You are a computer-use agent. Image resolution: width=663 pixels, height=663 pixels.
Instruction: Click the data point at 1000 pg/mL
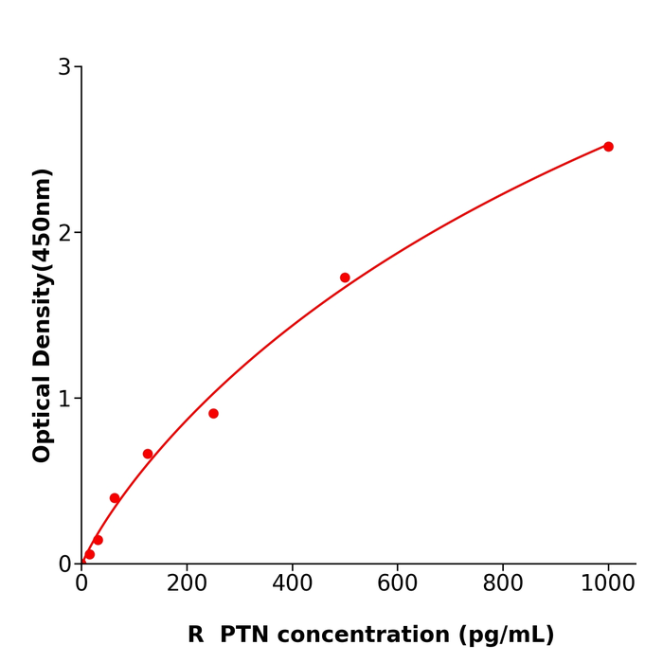point(608,147)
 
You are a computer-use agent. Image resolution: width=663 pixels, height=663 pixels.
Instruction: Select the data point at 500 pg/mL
point(345,278)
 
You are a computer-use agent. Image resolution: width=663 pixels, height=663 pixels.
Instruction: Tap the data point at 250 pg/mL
point(213,414)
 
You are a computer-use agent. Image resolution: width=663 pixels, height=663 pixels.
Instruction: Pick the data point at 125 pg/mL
point(148,454)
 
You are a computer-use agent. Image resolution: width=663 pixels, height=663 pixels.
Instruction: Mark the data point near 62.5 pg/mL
point(115,498)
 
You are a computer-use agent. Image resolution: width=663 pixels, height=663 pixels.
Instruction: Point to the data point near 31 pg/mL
point(98,540)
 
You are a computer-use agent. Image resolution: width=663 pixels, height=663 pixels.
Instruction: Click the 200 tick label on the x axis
point(187,584)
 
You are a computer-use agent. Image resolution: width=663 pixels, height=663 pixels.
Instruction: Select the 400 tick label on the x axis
point(292,584)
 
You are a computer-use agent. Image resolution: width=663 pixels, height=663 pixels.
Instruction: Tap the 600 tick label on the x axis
point(397,584)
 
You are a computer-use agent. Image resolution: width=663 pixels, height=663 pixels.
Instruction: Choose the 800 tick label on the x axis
point(503,584)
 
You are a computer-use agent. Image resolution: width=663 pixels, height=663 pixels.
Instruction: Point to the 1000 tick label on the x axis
point(608,584)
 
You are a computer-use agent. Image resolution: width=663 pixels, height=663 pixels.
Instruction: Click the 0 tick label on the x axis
point(81,584)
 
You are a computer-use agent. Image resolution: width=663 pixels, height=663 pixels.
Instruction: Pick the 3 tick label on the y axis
point(64,67)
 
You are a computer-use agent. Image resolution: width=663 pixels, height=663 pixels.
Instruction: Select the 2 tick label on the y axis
point(64,233)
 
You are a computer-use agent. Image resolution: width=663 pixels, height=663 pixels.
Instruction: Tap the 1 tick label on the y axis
point(64,399)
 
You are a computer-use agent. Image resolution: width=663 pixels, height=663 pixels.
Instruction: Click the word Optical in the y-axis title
point(43,418)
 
